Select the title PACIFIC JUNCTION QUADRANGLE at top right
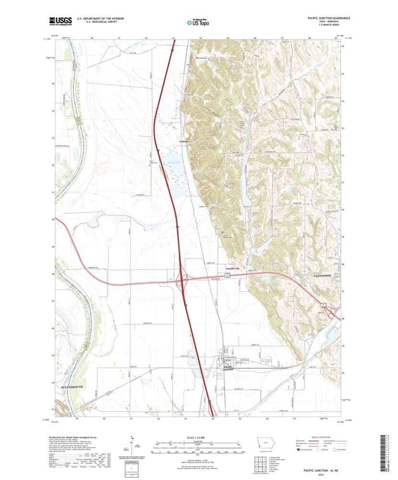(329, 17)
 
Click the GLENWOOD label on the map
(322, 276)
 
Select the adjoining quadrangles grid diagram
(258, 464)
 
